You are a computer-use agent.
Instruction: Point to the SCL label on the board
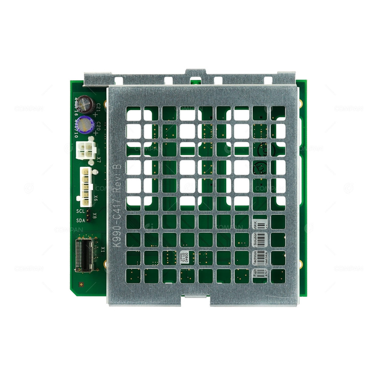80,211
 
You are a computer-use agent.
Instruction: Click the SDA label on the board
80,221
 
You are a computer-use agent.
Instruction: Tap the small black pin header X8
88,216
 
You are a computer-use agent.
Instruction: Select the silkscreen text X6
95,197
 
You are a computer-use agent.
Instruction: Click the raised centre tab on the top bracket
195,72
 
